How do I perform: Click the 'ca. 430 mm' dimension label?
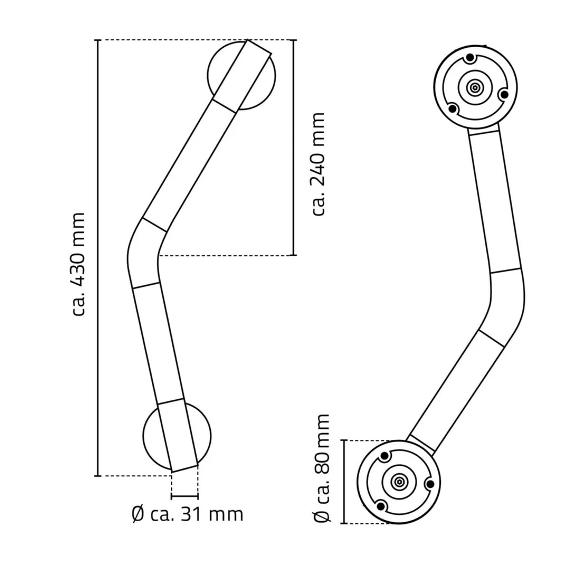(x=79, y=264)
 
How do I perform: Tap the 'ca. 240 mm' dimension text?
(x=318, y=164)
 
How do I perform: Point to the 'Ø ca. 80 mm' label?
(x=323, y=468)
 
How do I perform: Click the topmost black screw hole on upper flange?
(x=470, y=58)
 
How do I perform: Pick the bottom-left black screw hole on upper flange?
(x=453, y=109)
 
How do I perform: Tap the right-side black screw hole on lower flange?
(x=430, y=484)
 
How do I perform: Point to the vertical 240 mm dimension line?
(x=294, y=148)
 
